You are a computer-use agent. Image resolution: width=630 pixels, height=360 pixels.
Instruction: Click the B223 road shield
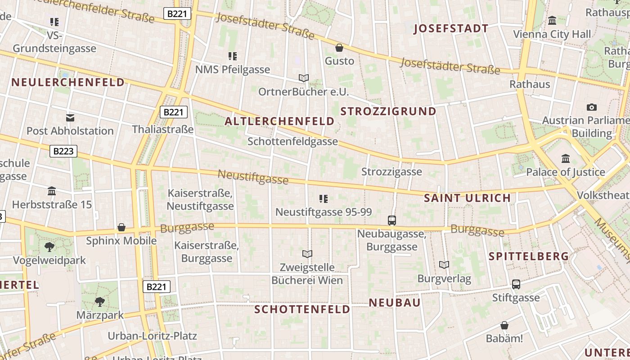63,151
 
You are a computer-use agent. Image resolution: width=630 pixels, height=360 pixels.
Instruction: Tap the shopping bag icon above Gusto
339,48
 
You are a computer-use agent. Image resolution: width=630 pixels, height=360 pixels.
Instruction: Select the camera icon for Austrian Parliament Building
591,107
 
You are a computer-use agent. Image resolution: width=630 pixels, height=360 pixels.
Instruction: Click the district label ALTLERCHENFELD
279,121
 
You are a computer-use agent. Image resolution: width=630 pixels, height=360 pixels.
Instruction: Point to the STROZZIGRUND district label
388,111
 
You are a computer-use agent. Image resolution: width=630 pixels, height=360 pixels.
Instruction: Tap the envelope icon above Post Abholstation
70,118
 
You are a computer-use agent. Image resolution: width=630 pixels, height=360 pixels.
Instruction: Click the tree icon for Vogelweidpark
49,247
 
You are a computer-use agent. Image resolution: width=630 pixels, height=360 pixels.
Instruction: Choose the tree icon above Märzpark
100,301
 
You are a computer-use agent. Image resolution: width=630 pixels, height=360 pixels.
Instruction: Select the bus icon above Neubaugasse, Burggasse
392,220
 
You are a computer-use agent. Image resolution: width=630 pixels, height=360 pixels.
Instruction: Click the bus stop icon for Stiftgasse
516,284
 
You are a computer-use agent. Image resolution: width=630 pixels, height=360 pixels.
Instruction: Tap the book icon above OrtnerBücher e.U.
304,78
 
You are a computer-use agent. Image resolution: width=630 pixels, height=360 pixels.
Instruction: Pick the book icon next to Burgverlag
444,265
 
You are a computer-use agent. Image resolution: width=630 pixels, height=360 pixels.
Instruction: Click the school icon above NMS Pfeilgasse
232,56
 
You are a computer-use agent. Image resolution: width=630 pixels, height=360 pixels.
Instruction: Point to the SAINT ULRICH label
468,198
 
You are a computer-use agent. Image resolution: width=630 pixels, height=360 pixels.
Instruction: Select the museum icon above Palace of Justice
566,159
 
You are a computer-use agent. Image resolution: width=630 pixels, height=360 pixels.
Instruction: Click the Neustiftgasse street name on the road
253,177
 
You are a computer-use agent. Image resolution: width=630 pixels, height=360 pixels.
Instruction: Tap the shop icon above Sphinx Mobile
121,227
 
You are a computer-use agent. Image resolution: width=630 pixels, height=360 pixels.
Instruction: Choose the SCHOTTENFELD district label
302,309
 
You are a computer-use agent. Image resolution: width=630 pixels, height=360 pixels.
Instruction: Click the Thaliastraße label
163,130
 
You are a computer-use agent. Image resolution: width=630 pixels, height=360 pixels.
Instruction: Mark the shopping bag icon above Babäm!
504,325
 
